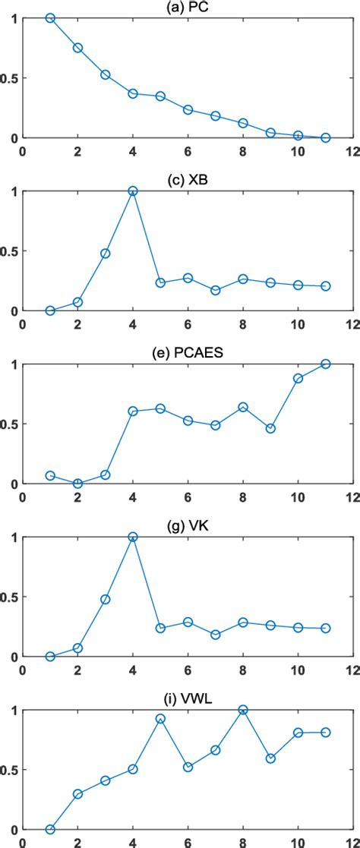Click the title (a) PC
click(x=188, y=7)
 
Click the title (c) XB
click(x=188, y=180)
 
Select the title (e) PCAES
click(x=188, y=353)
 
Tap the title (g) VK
click(x=188, y=525)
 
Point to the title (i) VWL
click(x=188, y=698)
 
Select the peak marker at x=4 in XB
click(x=133, y=191)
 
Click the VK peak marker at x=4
click(x=133, y=537)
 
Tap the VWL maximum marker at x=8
click(x=243, y=710)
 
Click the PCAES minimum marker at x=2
click(x=77, y=484)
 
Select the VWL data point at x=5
click(x=160, y=718)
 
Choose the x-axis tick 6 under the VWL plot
click(x=188, y=843)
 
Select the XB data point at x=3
click(x=106, y=254)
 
